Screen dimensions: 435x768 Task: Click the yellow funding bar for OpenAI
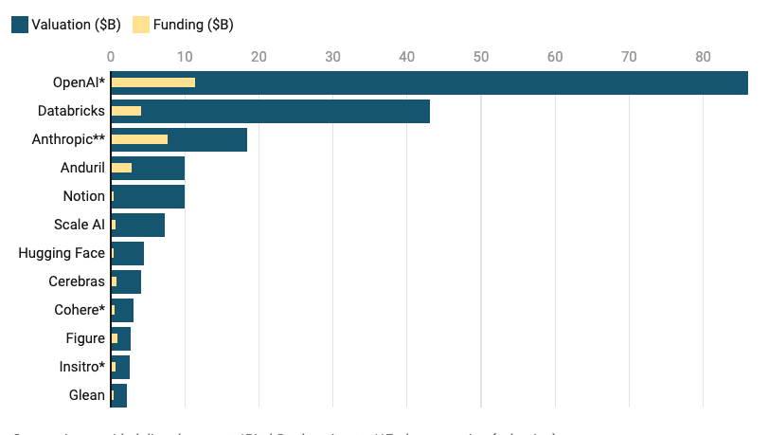coord(153,82)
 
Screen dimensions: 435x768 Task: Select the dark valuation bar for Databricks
coord(284,111)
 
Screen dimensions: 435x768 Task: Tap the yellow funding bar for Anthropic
coord(139,139)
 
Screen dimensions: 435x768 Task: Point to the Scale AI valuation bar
coord(140,225)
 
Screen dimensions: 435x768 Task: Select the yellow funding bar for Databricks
coord(126,111)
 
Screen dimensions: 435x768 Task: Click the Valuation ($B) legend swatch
coord(20,25)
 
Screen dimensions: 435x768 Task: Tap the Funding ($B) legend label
coord(193,25)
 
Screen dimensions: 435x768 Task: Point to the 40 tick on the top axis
coord(406,57)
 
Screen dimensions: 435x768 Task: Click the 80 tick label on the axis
coord(703,57)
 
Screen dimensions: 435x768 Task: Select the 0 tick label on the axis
coord(111,57)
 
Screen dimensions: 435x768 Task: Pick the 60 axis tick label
coord(555,57)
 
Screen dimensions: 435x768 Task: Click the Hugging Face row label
coord(62,253)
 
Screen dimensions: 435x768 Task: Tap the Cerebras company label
coord(77,281)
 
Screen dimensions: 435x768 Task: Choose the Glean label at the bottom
coord(86,395)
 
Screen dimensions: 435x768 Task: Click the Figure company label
coord(85,338)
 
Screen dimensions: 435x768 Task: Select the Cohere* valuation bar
coord(124,310)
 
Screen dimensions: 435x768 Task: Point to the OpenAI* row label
coord(79,82)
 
